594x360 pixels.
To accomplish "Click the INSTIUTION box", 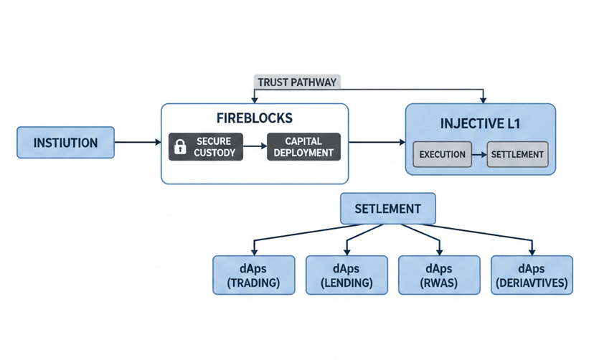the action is pyautogui.click(x=65, y=142).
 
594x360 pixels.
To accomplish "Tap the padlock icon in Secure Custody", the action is pyautogui.click(x=180, y=146).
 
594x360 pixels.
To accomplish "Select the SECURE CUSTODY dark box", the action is pyautogui.click(x=206, y=146).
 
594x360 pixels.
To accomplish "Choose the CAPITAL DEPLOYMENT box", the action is pyautogui.click(x=304, y=146).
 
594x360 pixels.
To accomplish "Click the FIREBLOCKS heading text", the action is pyautogui.click(x=255, y=118).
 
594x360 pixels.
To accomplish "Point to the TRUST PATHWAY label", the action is pyautogui.click(x=297, y=82).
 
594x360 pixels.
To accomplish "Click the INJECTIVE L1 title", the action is pyautogui.click(x=481, y=123).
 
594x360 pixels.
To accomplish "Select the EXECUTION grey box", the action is pyautogui.click(x=442, y=154).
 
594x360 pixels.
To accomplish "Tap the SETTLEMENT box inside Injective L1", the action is pyautogui.click(x=517, y=154).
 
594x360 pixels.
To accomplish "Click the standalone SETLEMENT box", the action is pyautogui.click(x=388, y=209).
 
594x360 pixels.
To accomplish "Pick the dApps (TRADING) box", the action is pyautogui.click(x=254, y=275).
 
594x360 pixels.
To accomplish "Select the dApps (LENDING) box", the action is pyautogui.click(x=346, y=275).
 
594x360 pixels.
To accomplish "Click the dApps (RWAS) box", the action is pyautogui.click(x=439, y=275).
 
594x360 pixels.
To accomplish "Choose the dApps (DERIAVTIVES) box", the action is pyautogui.click(x=532, y=275).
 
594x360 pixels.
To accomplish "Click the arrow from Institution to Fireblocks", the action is pyautogui.click(x=138, y=142).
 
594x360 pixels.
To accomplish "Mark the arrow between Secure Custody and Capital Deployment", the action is pyautogui.click(x=255, y=146).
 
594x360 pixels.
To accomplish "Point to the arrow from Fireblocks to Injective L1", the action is pyautogui.click(x=377, y=142).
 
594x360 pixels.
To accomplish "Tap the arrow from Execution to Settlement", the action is pyautogui.click(x=479, y=154).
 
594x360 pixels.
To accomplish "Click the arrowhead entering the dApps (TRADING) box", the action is pyautogui.click(x=254, y=252).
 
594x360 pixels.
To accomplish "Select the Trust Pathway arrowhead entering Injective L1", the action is pyautogui.click(x=483, y=100).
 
